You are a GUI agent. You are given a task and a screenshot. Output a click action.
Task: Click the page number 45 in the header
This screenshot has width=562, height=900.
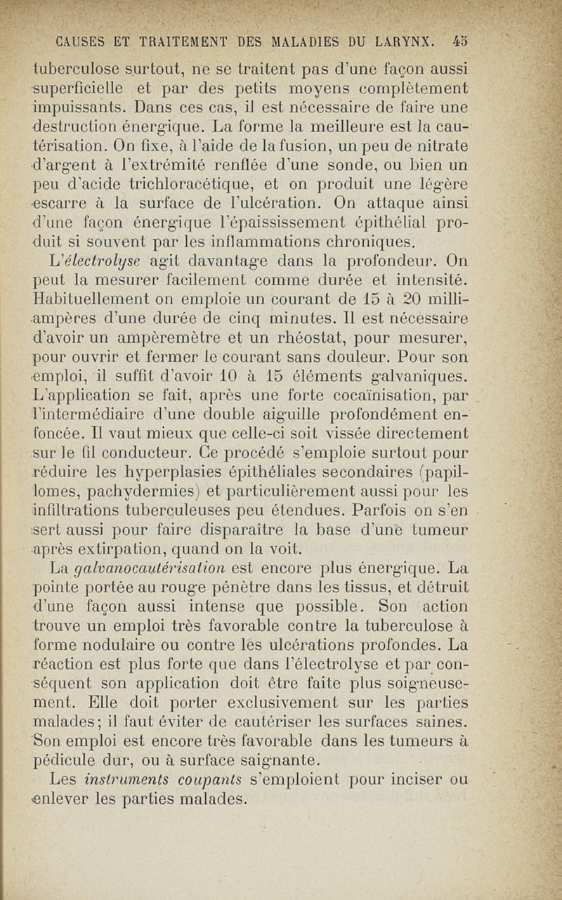tap(461, 40)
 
